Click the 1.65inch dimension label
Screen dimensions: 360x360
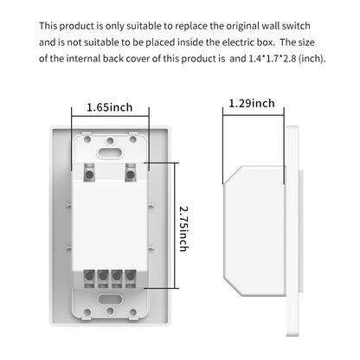[x=110, y=107]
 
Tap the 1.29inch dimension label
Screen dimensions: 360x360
[x=252, y=103]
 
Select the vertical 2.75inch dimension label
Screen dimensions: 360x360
[x=184, y=228]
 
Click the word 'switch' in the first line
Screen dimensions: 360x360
[x=296, y=26]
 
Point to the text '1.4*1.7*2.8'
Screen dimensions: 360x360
[x=273, y=59]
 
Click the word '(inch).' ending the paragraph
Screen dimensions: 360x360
[x=312, y=59]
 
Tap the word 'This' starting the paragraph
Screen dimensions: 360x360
[x=48, y=26]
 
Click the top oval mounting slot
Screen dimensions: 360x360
[x=110, y=151]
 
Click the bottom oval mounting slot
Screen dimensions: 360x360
[x=110, y=299]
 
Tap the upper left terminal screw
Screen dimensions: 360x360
[x=89, y=174]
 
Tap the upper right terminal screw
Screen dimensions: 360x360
[x=131, y=174]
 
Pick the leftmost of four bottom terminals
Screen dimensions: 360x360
[x=89, y=279]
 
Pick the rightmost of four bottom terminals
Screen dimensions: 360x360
[x=131, y=279]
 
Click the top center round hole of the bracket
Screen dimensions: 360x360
[x=110, y=141]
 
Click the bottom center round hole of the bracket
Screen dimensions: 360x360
[x=110, y=311]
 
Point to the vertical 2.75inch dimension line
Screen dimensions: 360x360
[x=175, y=225]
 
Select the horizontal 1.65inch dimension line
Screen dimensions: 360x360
[x=110, y=116]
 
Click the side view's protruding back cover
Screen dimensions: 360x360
[x=254, y=231]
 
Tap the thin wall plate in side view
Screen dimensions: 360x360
[x=292, y=231]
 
